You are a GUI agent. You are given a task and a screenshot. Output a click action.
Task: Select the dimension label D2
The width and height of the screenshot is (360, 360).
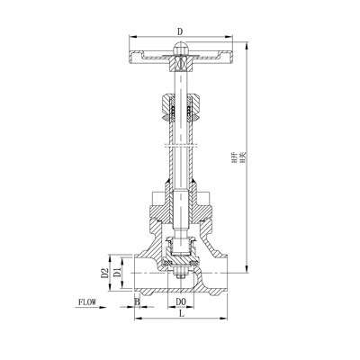pyautogui.click(x=104, y=272)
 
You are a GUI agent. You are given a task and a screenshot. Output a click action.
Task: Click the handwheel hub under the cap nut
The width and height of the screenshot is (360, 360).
pyautogui.click(x=181, y=63)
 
